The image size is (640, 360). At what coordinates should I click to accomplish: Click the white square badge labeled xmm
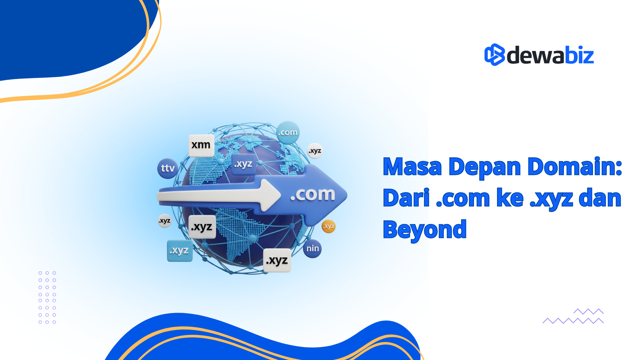(x=201, y=145)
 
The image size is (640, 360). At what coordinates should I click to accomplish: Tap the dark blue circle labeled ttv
(x=168, y=168)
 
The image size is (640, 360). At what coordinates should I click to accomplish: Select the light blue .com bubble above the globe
(x=288, y=132)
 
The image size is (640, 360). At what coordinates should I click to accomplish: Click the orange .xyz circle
(x=329, y=226)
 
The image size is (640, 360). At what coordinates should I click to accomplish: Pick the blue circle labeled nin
(x=312, y=249)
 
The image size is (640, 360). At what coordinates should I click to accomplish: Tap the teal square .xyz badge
(x=180, y=251)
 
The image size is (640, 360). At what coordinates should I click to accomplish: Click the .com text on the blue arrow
(x=312, y=194)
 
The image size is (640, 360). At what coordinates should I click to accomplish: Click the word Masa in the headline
(x=412, y=167)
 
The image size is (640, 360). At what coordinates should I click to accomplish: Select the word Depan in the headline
(x=484, y=167)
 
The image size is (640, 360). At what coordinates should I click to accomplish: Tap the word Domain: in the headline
(x=575, y=167)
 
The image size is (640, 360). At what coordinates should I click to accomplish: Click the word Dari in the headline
(x=406, y=198)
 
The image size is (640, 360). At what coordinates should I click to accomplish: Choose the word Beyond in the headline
(x=424, y=230)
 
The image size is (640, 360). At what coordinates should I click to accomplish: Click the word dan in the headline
(x=600, y=198)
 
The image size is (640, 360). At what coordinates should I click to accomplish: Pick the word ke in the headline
(x=510, y=198)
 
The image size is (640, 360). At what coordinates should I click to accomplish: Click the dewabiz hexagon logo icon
(x=494, y=55)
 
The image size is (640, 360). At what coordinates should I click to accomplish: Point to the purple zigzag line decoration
(x=573, y=317)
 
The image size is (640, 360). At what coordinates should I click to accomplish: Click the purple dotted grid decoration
(x=47, y=297)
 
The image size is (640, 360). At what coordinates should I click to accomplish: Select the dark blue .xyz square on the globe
(x=243, y=164)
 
